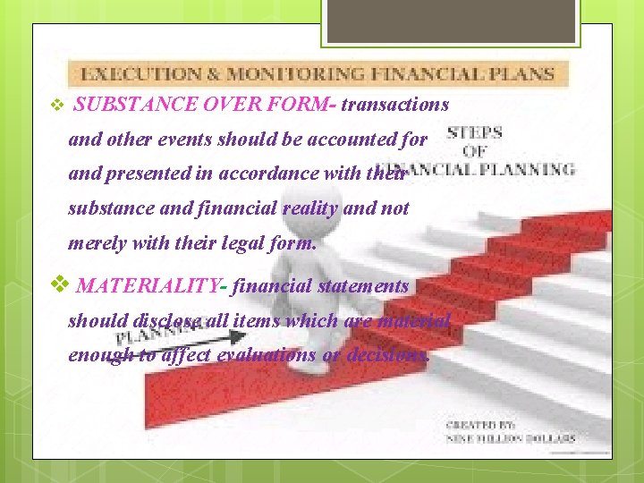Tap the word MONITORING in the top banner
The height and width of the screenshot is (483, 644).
(x=283, y=73)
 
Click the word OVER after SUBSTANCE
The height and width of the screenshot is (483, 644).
(x=234, y=105)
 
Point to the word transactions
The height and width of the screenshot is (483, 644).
(x=395, y=105)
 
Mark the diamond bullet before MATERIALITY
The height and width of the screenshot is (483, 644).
(x=60, y=285)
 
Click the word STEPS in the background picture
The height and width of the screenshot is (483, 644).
(x=475, y=133)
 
